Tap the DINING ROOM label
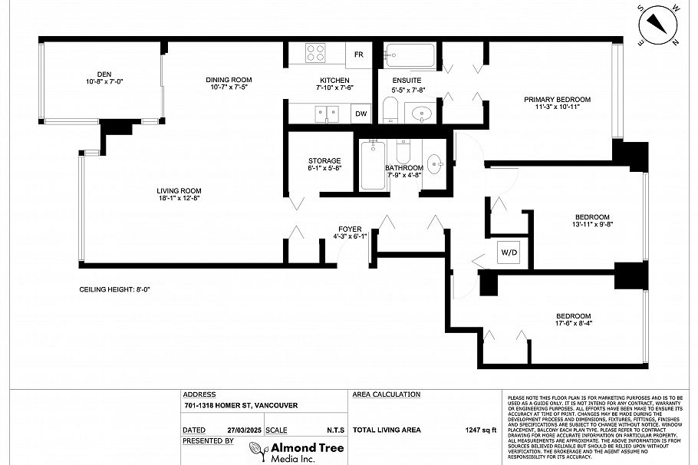tap(228, 80)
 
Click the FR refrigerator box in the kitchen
tap(359, 54)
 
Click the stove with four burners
tap(316, 53)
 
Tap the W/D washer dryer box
tap(509, 252)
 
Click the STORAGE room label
tap(324, 160)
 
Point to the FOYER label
tap(350, 229)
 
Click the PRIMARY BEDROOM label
tap(557, 100)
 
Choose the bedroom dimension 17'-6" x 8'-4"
tap(573, 325)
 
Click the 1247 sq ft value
tap(480, 430)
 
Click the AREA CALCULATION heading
tap(386, 394)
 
